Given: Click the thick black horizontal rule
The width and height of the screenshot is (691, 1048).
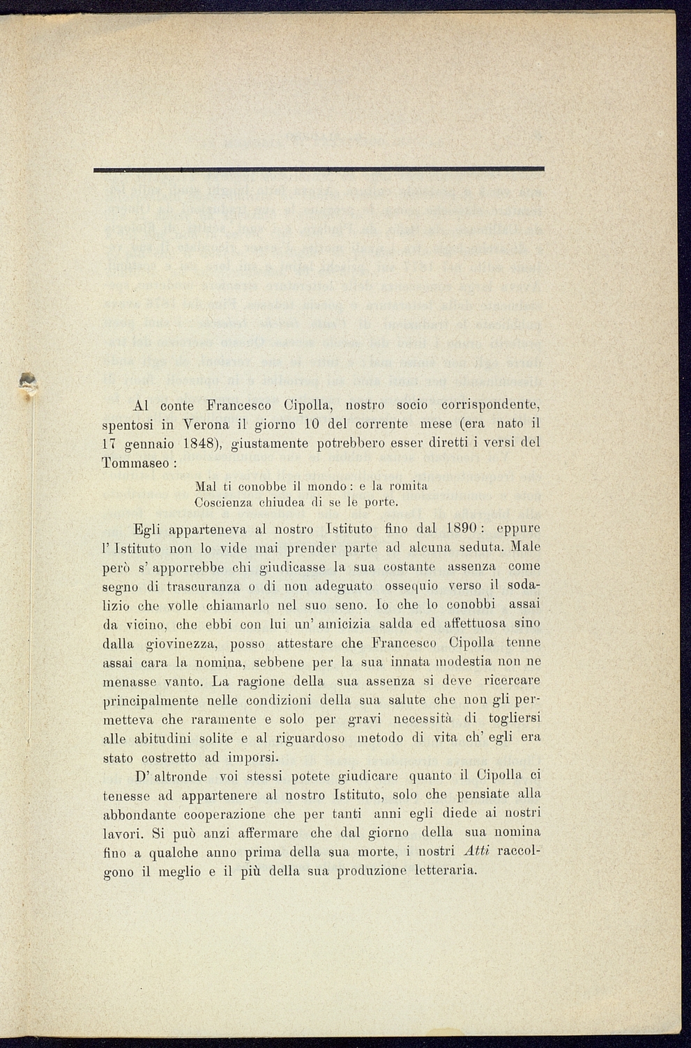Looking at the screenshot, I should coord(319,169).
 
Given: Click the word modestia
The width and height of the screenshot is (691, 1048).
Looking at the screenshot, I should coord(462,661).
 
